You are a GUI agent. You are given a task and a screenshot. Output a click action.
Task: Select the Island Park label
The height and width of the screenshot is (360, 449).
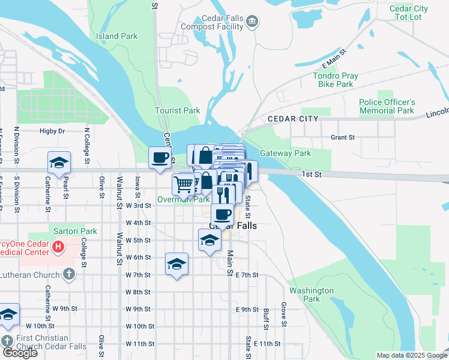pyautogui.click(x=116, y=36)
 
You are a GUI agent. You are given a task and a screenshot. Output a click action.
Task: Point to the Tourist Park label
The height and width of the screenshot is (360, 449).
pyautogui.click(x=177, y=110)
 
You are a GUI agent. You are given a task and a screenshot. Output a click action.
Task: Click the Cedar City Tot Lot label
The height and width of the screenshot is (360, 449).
pyautogui.click(x=409, y=13)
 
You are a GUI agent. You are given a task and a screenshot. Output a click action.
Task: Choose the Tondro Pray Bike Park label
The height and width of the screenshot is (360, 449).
pyautogui.click(x=341, y=80)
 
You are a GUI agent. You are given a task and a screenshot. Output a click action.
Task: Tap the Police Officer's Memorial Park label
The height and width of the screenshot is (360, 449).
pyautogui.click(x=387, y=106)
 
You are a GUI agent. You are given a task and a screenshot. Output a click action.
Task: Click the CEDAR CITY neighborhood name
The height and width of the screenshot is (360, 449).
pyautogui.click(x=293, y=119)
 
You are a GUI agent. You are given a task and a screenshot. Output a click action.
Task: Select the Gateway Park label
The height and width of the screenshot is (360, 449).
pyautogui.click(x=285, y=153)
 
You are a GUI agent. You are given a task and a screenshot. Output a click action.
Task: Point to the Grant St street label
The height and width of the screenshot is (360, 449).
pyautogui.click(x=343, y=137)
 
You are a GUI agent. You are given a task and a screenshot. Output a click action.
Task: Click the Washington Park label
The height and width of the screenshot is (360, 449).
pyautogui.click(x=311, y=294)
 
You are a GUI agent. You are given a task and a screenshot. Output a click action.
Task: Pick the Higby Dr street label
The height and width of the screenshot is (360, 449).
pyautogui.click(x=52, y=131)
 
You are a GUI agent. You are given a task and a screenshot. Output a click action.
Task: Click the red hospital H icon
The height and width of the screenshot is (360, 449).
pyautogui.click(x=58, y=246)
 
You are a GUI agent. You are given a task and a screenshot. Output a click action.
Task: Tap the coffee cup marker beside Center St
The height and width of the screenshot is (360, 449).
pyautogui.click(x=160, y=158)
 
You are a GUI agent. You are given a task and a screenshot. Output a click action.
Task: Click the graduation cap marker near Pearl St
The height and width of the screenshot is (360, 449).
pyautogui.click(x=59, y=163)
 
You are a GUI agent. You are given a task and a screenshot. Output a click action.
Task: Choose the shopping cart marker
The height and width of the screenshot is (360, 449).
pyautogui.click(x=184, y=184)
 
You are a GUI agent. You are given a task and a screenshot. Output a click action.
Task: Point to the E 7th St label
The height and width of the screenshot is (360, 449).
pyautogui.click(x=247, y=275)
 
